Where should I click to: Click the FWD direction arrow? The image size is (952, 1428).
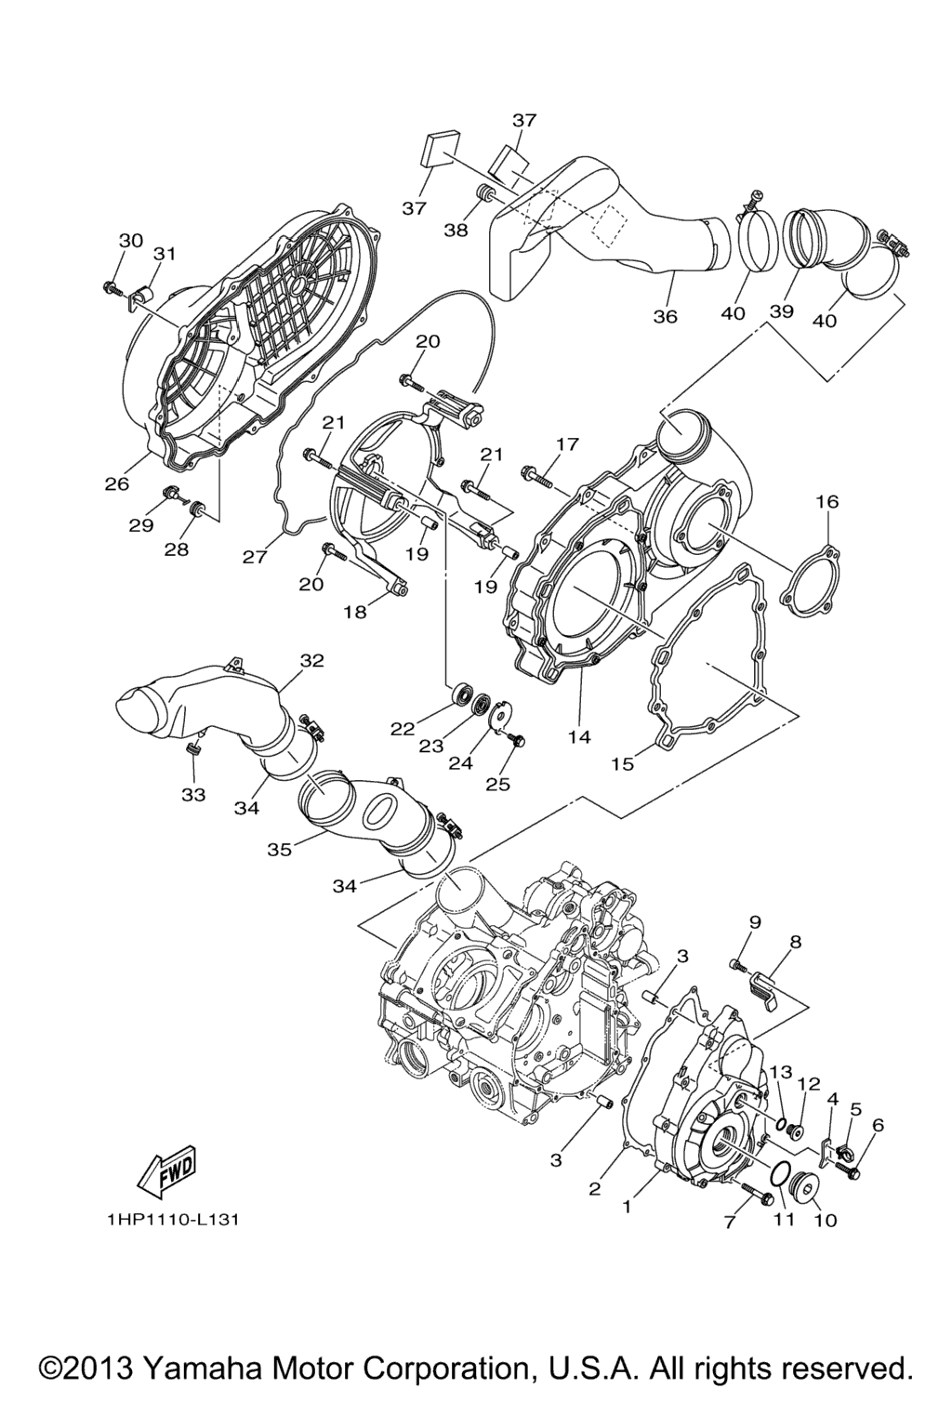(x=168, y=1170)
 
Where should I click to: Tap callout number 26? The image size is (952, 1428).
(x=117, y=483)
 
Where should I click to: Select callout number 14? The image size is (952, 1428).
(x=579, y=736)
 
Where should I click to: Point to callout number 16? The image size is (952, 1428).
(x=827, y=502)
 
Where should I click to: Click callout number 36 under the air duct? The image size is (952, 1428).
(x=665, y=315)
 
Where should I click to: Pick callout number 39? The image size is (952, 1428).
(x=781, y=311)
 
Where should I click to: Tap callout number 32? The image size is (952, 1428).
(x=313, y=660)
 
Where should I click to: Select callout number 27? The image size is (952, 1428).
(x=255, y=557)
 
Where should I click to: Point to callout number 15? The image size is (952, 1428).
(x=622, y=763)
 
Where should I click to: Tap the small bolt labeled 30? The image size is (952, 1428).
(x=112, y=287)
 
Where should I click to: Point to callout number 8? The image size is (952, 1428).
(x=795, y=942)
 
